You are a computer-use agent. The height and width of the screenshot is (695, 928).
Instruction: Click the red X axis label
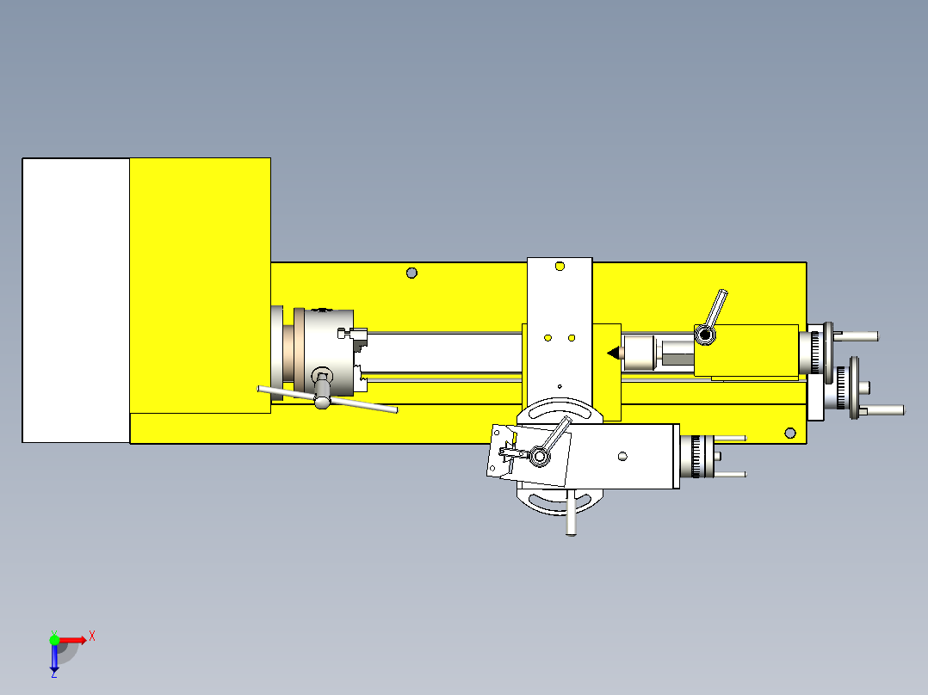pos(92,637)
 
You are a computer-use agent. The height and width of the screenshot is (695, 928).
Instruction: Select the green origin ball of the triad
pos(54,639)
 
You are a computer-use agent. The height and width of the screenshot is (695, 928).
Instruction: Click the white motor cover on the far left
pos(76,300)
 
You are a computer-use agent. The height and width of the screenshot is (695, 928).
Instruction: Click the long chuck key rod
pos(362,404)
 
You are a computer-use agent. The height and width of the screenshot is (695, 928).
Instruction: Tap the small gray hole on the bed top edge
pos(411,273)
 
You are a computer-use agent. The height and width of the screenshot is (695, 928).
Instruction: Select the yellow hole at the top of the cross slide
pos(560,267)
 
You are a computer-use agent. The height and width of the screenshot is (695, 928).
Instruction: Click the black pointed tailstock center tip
pos(613,352)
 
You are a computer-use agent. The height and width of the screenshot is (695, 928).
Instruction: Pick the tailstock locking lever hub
pos(704,334)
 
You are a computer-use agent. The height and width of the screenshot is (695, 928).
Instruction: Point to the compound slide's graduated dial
pos(699,456)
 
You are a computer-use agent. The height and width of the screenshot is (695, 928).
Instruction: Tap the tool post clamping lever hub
pos(539,457)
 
